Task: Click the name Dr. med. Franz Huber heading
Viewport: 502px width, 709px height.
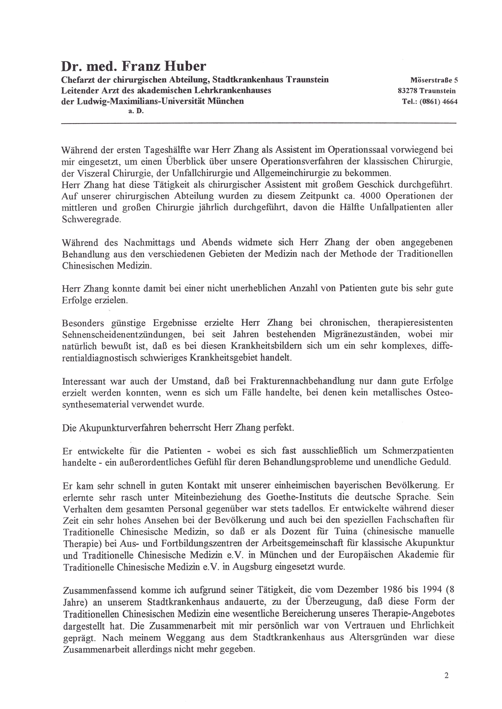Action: click(x=134, y=66)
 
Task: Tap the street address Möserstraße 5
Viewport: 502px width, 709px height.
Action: click(x=434, y=80)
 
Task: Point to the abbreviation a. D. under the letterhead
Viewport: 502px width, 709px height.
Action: click(x=136, y=111)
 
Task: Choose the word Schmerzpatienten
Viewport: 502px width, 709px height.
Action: click(x=418, y=451)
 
